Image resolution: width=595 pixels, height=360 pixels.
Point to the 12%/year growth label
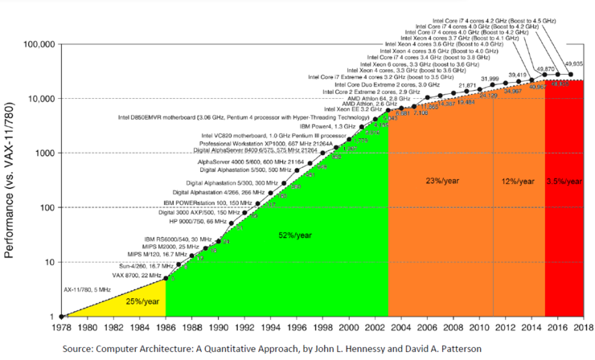tap(519, 182)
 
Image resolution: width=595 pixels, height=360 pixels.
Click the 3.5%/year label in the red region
tap(564, 182)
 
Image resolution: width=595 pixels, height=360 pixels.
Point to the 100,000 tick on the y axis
tap(36, 43)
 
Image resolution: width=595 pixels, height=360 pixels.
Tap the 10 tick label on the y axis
tap(48, 262)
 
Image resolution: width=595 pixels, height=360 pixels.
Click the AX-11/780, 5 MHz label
tap(89, 288)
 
